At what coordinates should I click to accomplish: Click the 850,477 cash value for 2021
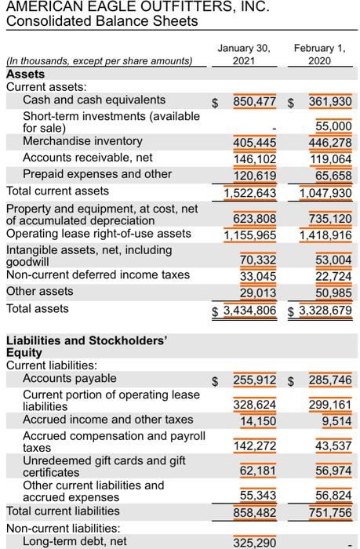point(255,101)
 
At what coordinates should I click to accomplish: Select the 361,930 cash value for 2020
point(330,101)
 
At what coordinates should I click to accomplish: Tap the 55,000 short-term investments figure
point(334,126)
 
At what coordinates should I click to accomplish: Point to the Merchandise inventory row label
point(82,141)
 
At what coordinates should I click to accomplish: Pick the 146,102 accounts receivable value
point(255,159)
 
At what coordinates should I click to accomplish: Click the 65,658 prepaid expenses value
point(334,176)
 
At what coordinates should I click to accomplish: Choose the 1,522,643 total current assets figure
point(250,193)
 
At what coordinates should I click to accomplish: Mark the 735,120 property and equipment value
point(330,219)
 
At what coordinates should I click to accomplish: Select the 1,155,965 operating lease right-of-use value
point(250,235)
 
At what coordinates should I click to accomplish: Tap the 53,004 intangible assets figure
point(334,260)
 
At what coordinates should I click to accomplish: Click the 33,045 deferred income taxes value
point(258,277)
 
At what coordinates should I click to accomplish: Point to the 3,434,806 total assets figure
point(249,311)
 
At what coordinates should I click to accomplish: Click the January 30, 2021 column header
point(244,54)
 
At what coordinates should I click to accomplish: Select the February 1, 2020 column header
point(320,54)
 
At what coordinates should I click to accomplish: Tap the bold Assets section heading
point(26,75)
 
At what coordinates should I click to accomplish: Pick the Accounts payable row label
point(70,379)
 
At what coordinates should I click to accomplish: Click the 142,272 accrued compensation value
point(255,446)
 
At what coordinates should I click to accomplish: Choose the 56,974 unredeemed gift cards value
point(334,471)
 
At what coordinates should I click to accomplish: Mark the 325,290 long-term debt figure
point(255,543)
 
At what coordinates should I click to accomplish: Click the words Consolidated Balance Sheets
point(102,21)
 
